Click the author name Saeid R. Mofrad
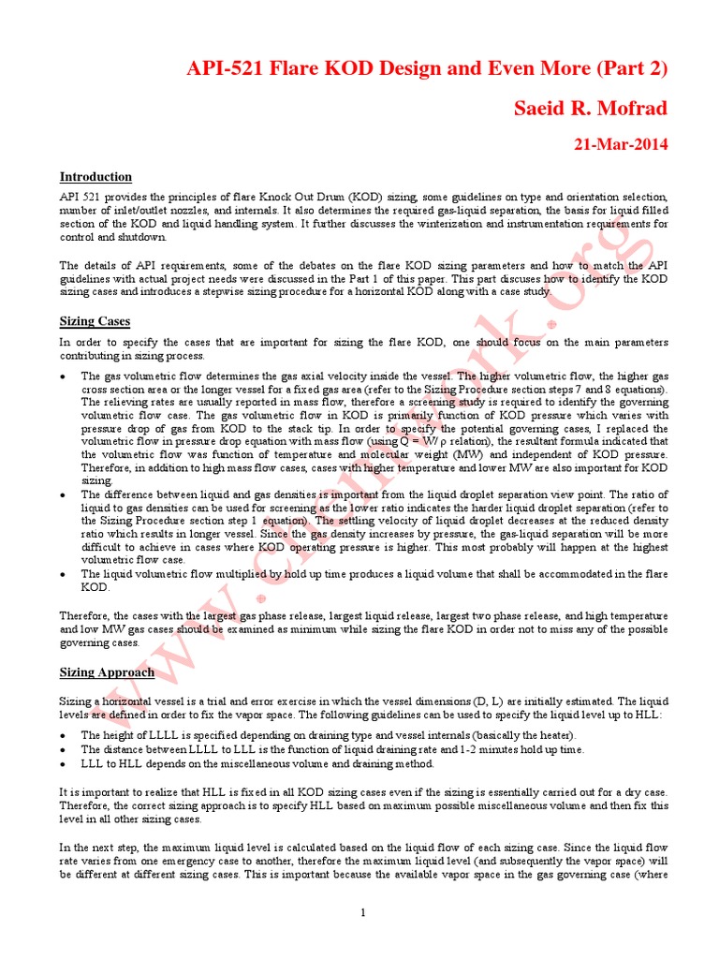pyautogui.click(x=591, y=109)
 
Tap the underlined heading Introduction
pyautogui.click(x=95, y=176)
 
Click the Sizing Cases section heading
pyautogui.click(x=95, y=321)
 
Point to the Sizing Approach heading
pyautogui.click(x=107, y=672)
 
